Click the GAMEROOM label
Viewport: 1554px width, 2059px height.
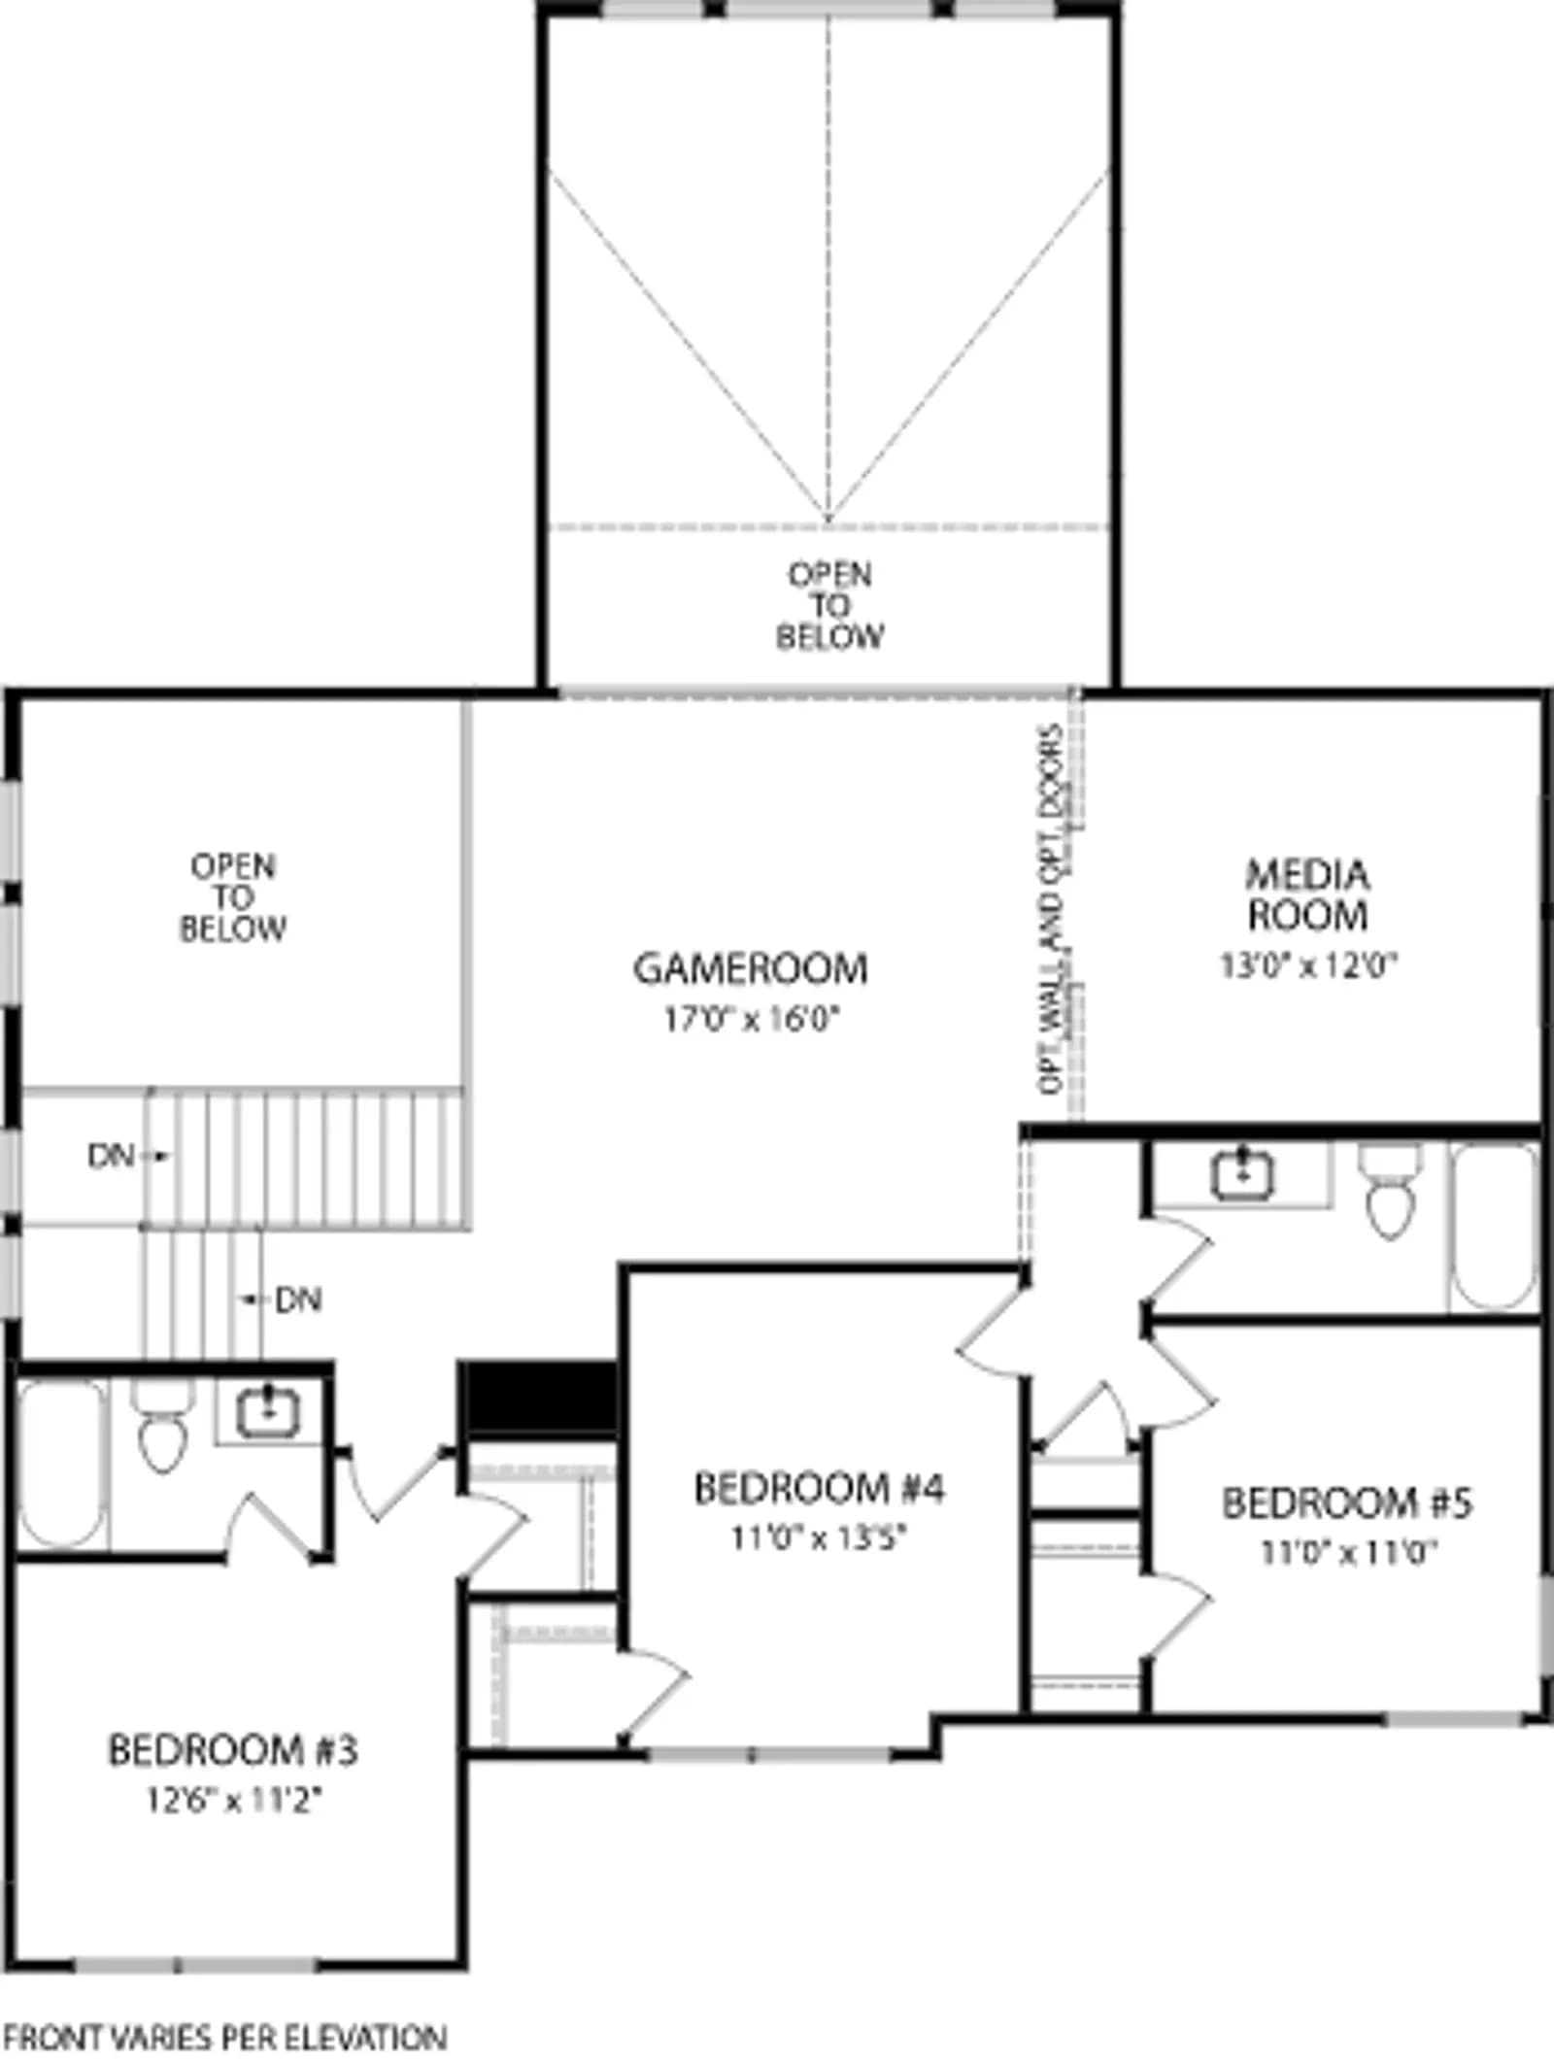click(x=751, y=968)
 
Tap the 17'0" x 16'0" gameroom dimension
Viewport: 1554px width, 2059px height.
click(x=751, y=1019)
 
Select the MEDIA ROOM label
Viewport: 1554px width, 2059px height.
click(x=1308, y=894)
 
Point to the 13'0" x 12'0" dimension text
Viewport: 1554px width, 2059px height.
click(x=1308, y=965)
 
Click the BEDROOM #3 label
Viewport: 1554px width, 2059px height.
click(x=233, y=1750)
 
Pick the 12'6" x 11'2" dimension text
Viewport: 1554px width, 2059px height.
click(x=233, y=1801)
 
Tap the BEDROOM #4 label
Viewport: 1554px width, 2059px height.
click(x=819, y=1488)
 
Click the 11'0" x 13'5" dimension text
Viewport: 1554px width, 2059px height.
click(x=819, y=1538)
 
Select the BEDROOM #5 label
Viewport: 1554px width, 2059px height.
click(x=1347, y=1502)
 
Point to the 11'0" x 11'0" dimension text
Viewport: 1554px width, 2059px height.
click(x=1347, y=1553)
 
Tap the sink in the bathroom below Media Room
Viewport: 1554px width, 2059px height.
click(x=1242, y=1174)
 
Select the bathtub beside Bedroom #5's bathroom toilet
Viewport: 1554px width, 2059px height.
click(x=1495, y=1228)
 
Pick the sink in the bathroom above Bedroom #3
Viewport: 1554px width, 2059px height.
click(x=267, y=1410)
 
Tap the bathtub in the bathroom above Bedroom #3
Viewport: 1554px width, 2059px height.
click(x=61, y=1465)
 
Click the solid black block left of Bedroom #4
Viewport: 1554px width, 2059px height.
click(x=538, y=1400)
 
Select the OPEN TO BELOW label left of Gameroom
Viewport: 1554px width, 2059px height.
click(x=233, y=896)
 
